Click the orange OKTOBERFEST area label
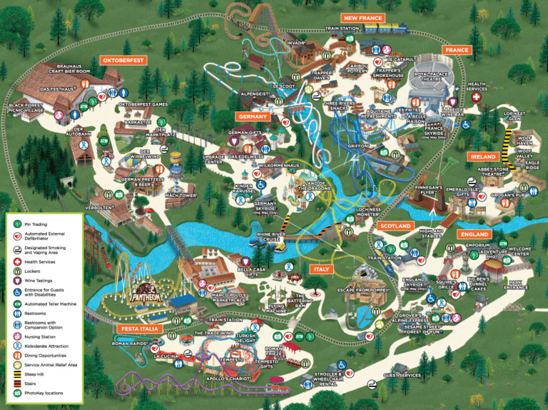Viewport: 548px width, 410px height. (123, 61)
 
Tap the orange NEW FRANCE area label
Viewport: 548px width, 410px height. (363, 18)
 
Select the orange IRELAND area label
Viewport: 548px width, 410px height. (483, 156)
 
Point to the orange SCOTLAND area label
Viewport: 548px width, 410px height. (395, 226)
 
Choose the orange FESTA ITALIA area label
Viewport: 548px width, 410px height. (139, 329)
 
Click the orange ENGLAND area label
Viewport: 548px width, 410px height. (474, 234)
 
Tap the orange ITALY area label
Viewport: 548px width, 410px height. (321, 269)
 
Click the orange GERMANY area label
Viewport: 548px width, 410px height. (253, 116)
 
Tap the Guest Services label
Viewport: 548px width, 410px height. (402, 375)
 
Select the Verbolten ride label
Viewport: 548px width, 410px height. (99, 208)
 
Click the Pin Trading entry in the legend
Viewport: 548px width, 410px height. (36, 224)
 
